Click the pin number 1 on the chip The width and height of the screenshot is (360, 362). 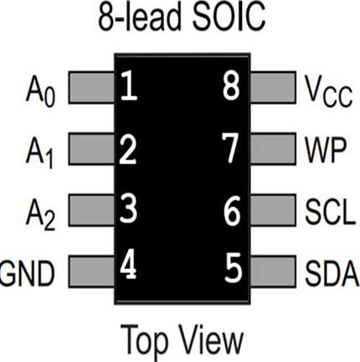[129, 85]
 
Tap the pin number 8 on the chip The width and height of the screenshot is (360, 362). [231, 85]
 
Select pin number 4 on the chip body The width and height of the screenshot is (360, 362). [128, 264]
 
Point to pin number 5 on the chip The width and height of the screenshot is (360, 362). [233, 267]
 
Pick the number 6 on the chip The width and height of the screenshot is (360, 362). [232, 210]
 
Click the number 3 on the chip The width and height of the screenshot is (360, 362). [128, 208]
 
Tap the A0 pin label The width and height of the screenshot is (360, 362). [40, 91]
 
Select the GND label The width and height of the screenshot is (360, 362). [27, 273]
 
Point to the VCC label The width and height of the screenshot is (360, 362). [329, 91]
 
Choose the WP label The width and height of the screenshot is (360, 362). [326, 150]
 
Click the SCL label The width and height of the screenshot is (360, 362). [331, 211]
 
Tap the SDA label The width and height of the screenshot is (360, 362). [332, 273]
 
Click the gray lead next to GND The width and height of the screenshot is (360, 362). [91, 271]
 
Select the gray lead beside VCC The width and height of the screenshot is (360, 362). [273, 87]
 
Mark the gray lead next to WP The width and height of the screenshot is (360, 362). [273, 149]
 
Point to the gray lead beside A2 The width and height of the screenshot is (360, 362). [91, 210]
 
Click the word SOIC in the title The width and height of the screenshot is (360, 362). [229, 17]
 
